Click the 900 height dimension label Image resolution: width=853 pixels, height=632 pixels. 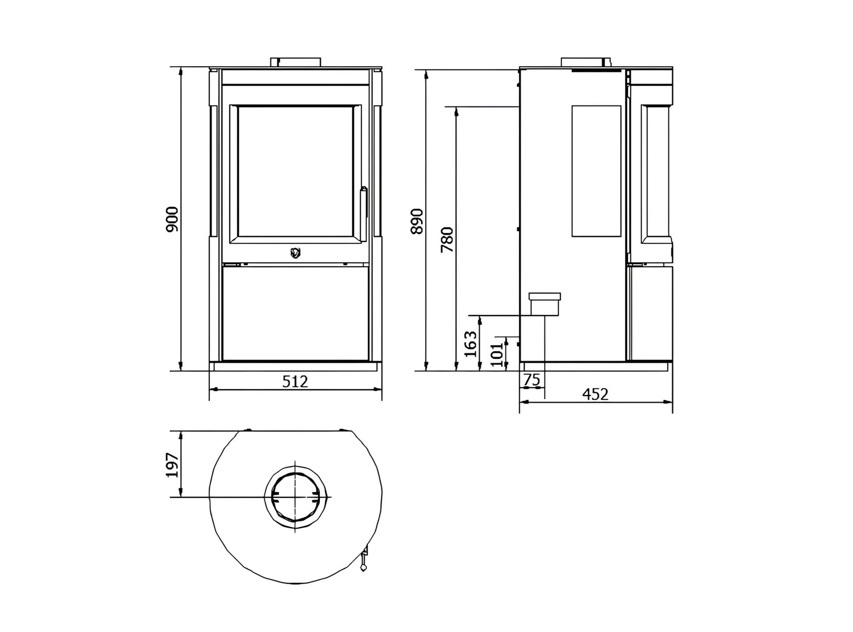point(172,219)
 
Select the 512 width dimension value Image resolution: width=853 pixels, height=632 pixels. point(295,382)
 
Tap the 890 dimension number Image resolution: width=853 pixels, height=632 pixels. point(417,221)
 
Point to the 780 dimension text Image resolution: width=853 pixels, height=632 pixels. point(447,239)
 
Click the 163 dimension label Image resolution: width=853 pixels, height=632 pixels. point(470,344)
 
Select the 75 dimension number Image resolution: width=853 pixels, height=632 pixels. point(532,380)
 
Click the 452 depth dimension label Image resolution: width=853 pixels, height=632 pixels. point(595,394)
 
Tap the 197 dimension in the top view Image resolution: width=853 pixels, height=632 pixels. point(172,465)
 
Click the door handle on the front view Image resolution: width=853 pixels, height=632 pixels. point(363,202)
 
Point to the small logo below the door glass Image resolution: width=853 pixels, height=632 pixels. point(295,253)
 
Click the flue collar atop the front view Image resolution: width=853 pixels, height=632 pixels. point(295,62)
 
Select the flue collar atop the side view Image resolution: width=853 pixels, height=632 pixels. point(586,62)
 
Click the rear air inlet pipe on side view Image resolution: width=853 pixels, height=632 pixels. point(545,304)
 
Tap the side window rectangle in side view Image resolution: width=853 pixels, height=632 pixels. point(596,171)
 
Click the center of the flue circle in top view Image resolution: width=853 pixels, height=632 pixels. point(295,497)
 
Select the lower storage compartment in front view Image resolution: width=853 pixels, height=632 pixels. point(295,312)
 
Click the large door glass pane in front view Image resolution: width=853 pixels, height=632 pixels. point(295,173)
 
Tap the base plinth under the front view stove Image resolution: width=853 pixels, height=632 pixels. point(295,366)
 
